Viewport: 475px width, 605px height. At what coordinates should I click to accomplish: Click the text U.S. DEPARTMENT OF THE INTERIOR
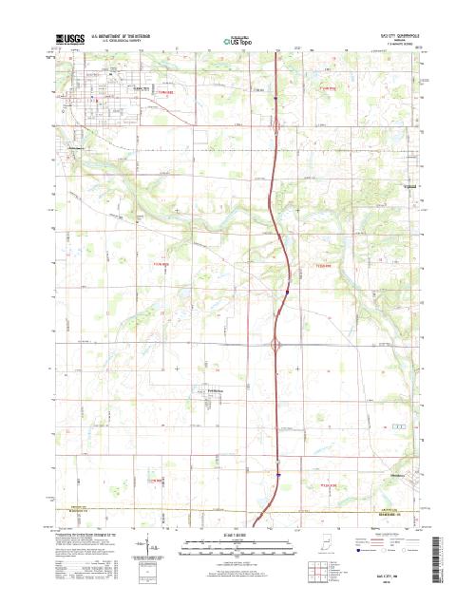[124, 37]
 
